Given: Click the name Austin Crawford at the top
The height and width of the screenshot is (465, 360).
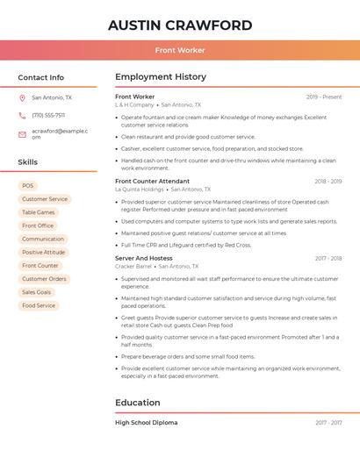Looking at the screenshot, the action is tap(180, 25).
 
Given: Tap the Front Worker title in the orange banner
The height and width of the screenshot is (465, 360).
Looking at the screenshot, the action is tap(180, 50).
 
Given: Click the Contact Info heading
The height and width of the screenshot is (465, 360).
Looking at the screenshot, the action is tap(41, 77).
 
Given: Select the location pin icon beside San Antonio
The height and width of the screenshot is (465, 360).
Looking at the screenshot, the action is tap(22, 98).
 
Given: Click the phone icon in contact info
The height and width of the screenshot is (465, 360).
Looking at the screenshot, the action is tap(22, 115).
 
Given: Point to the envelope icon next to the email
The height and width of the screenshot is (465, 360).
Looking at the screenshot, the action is tap(22, 133).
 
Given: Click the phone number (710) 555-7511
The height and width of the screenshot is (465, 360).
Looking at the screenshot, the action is tap(48, 115).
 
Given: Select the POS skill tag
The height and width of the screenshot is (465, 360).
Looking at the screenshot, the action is tap(28, 186).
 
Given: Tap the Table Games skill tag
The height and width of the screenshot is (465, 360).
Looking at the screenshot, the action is tap(39, 212).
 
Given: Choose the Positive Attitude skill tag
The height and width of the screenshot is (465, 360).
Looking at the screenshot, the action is tap(44, 253).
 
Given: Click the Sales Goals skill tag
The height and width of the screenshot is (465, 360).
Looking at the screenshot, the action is tap(37, 292).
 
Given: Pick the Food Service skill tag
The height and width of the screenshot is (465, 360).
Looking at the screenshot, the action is tap(39, 305).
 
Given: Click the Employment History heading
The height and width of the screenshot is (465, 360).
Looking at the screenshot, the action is tap(161, 77).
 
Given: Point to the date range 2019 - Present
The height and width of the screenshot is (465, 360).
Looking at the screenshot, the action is tap(324, 97).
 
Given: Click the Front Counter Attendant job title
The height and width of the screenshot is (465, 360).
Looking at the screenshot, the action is tap(152, 182).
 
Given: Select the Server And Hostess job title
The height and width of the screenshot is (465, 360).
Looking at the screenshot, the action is tap(144, 259).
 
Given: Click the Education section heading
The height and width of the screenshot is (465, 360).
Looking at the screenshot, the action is tap(138, 403).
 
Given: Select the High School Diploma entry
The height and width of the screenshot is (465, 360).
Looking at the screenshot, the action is tap(147, 423).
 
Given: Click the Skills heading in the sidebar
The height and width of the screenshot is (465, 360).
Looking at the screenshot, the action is tap(28, 162).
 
